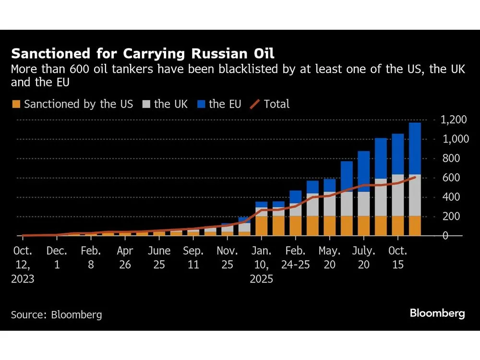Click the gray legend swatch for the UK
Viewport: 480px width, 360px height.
(146, 104)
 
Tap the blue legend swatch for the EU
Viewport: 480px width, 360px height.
(201, 104)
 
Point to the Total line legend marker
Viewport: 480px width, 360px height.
(257, 104)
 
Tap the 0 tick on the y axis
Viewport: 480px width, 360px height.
(445, 236)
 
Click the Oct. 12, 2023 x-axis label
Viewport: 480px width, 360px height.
(23, 264)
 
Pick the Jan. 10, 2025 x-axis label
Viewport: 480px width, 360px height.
(261, 264)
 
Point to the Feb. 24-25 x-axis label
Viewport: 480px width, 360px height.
(295, 258)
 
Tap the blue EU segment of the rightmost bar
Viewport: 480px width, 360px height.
(415, 149)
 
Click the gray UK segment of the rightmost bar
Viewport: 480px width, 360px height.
(415, 195)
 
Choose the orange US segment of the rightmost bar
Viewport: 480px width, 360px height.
(415, 226)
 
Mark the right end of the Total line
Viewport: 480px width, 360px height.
(415, 177)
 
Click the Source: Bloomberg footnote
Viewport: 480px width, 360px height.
(57, 315)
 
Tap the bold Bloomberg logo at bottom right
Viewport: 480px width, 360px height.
(437, 313)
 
